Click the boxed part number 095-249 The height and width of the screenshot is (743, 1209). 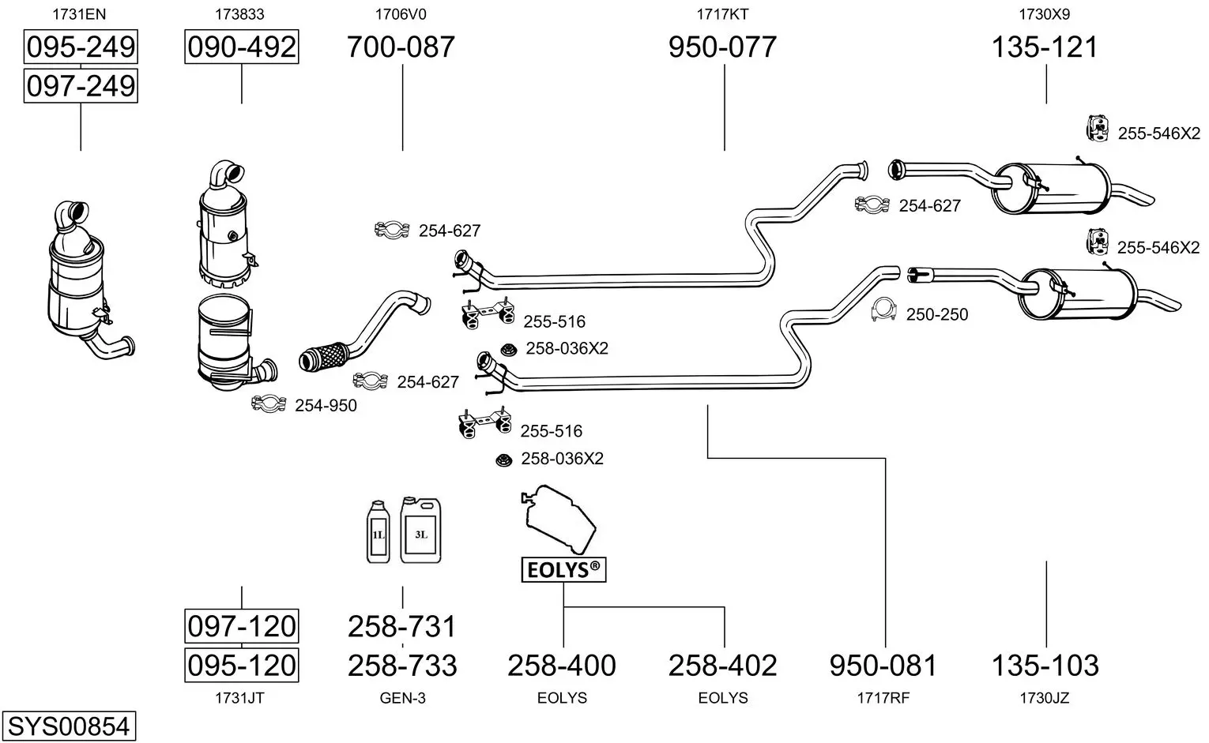pos(81,47)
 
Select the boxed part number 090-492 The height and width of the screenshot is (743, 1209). pos(242,47)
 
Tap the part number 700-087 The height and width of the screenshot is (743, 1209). pos(401,47)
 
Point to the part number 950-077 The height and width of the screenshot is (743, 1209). pos(723,47)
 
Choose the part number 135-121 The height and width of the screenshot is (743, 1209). pos(1045,47)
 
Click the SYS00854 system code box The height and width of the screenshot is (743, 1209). pos(69,726)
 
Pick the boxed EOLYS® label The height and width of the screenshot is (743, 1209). pos(563,570)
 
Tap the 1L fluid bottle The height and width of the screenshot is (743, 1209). pos(378,532)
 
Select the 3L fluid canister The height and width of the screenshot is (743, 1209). pos(421,530)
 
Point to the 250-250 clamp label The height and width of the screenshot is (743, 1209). pos(937,314)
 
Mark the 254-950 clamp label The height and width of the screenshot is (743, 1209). pos(326,406)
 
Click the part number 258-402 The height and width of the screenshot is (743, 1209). pos(723,666)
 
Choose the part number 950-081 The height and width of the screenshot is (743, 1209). pos(883,666)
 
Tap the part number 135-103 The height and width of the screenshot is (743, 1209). pos(1045,666)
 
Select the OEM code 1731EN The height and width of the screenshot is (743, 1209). pos(79,14)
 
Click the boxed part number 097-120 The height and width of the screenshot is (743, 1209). pos(242,626)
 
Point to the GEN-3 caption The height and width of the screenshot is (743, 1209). pos(403,698)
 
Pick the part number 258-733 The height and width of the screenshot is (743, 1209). pos(402,666)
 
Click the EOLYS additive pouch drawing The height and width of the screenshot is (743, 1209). pos(559,520)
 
